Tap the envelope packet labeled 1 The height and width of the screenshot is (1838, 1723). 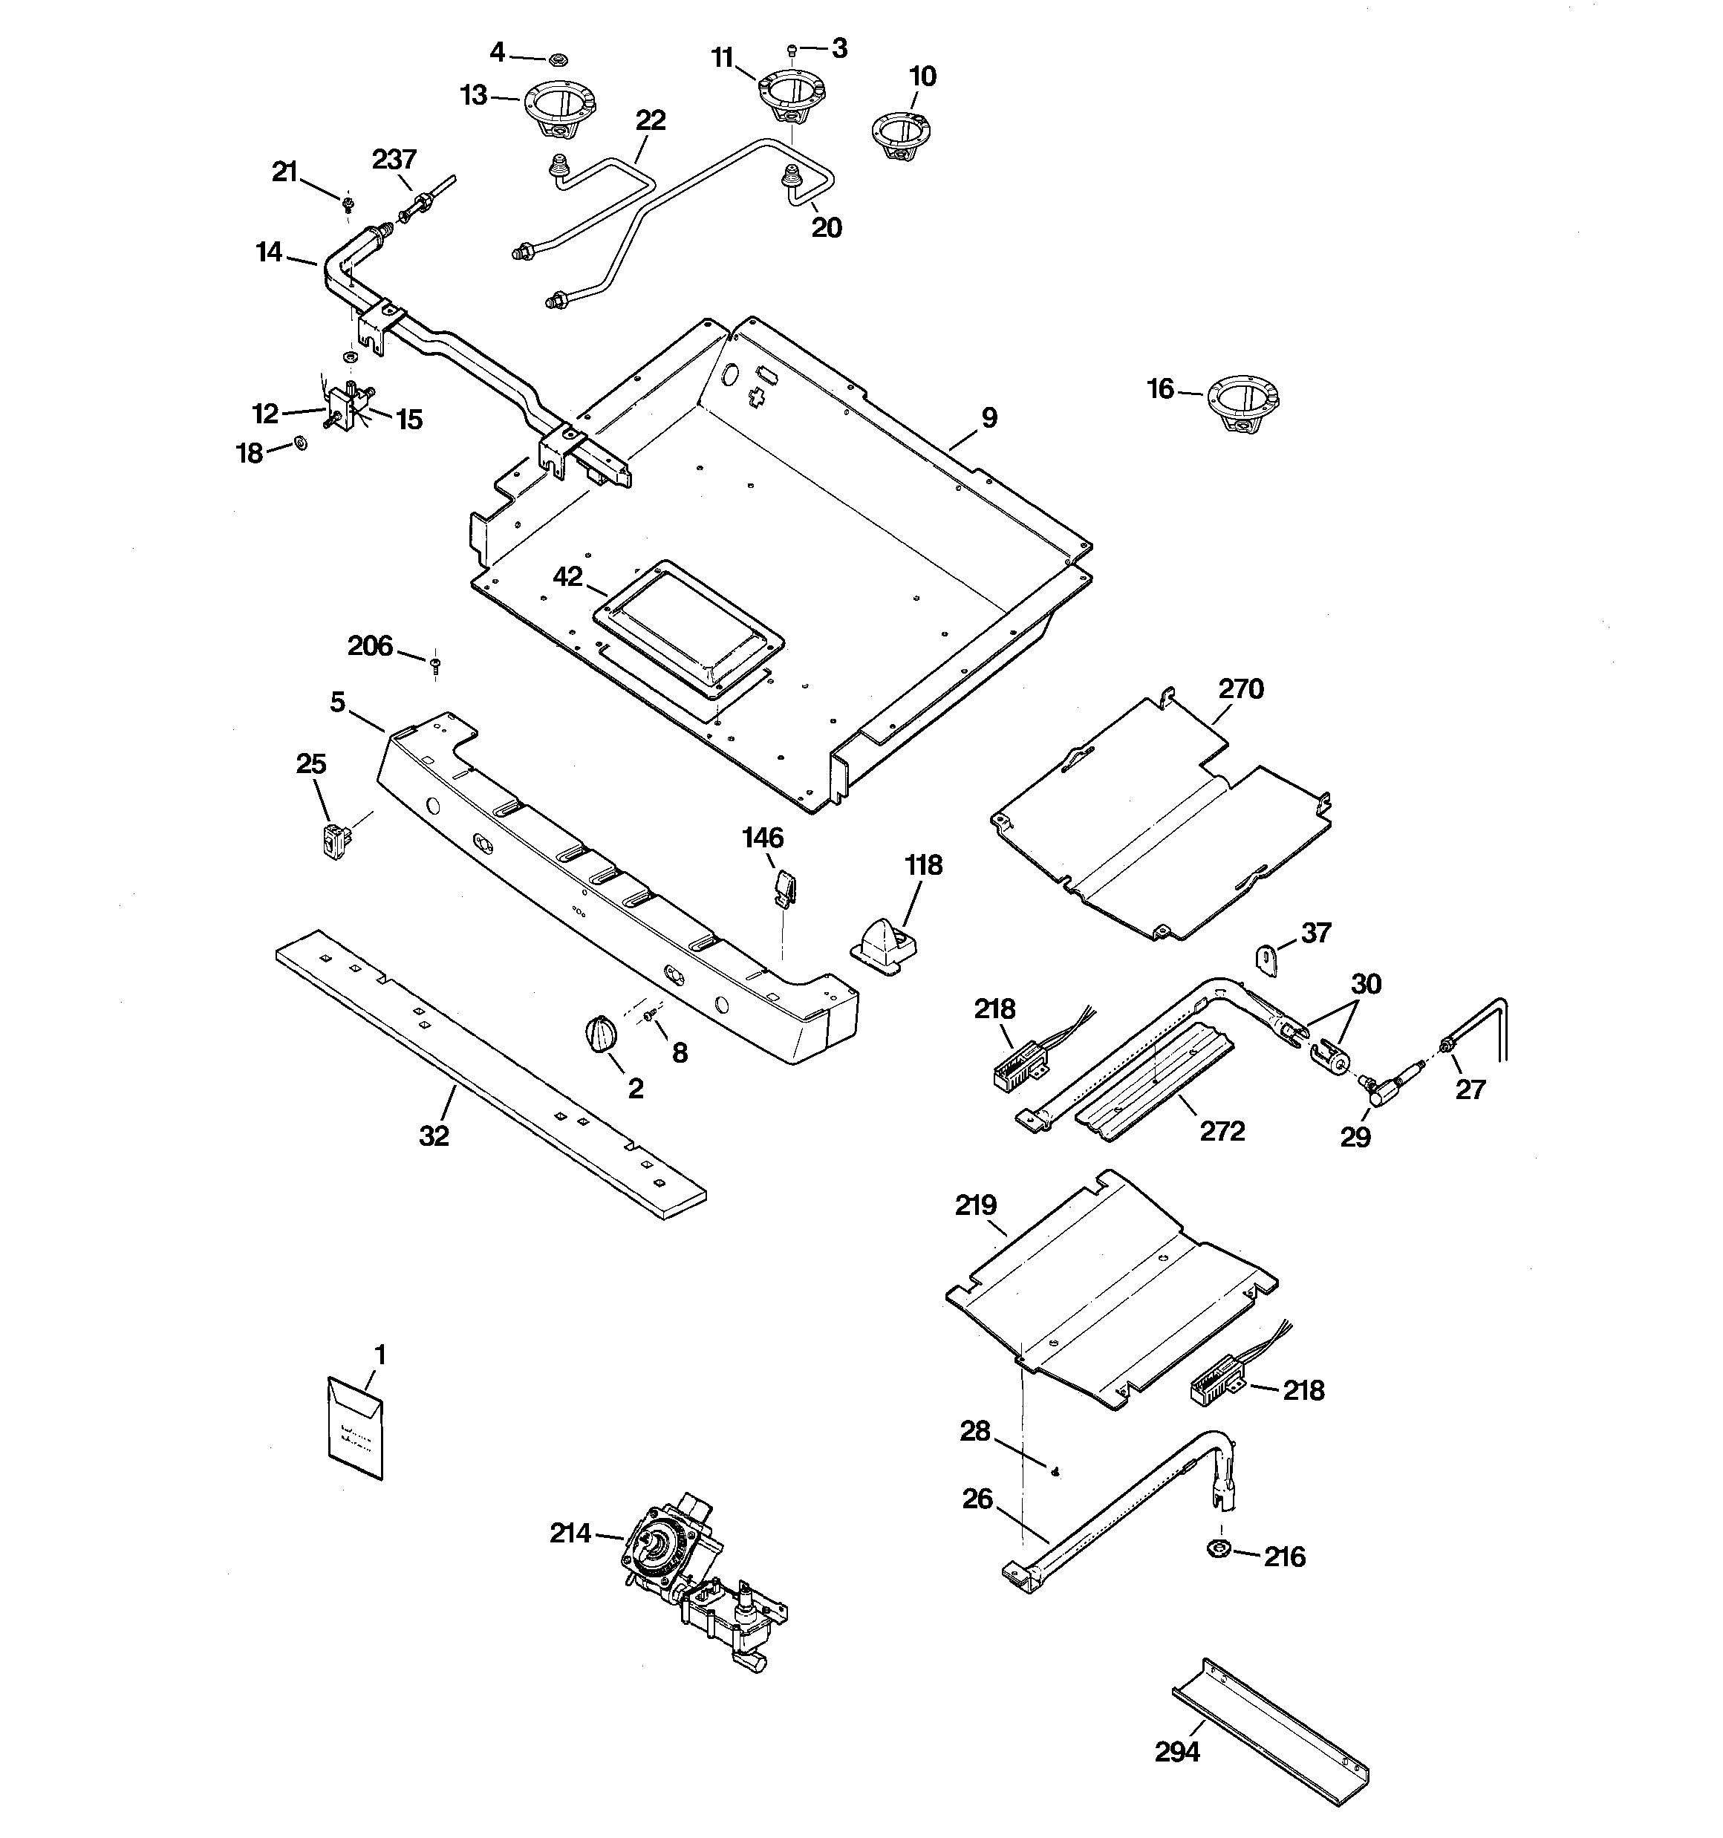(355, 1428)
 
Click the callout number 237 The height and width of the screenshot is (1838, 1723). (395, 159)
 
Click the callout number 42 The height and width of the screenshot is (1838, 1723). (567, 576)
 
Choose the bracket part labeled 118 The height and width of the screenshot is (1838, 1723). (885, 945)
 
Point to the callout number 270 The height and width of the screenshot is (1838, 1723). (1240, 689)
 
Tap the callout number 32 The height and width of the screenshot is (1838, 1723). (434, 1136)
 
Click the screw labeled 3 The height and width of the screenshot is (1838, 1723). (792, 49)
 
